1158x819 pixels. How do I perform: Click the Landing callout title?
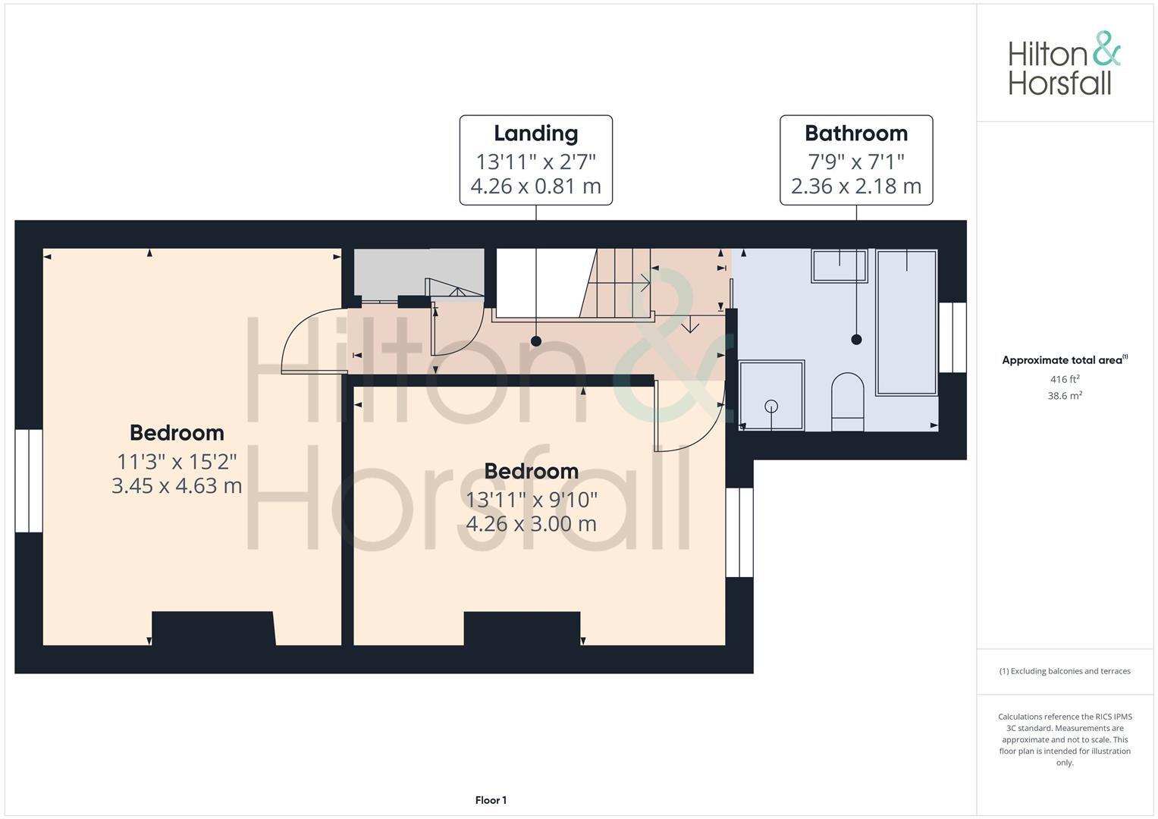pos(535,133)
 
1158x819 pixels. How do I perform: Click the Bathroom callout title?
pos(855,133)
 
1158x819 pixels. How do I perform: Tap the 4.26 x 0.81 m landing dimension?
pos(535,186)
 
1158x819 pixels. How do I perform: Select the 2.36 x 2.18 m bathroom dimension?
pos(855,186)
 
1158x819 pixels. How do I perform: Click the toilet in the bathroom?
pos(847,401)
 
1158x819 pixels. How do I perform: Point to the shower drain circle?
pos(771,406)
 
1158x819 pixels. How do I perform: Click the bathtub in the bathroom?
pos(906,322)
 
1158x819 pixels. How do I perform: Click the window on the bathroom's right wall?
pos(952,337)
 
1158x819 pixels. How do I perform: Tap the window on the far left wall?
pos(29,481)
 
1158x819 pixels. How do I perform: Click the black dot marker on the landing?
pos(536,341)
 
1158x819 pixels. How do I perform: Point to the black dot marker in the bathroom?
pos(856,340)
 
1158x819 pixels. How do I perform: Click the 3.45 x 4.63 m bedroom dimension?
pos(177,485)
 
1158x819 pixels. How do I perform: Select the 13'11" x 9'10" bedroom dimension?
pos(531,500)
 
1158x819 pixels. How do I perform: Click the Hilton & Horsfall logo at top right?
pos(1063,64)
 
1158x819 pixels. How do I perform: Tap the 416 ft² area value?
pos(1065,379)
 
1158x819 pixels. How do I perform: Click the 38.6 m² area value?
pos(1065,395)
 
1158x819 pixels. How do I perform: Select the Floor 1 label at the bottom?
pos(491,800)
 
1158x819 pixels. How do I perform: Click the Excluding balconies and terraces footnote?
pos(1065,671)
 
